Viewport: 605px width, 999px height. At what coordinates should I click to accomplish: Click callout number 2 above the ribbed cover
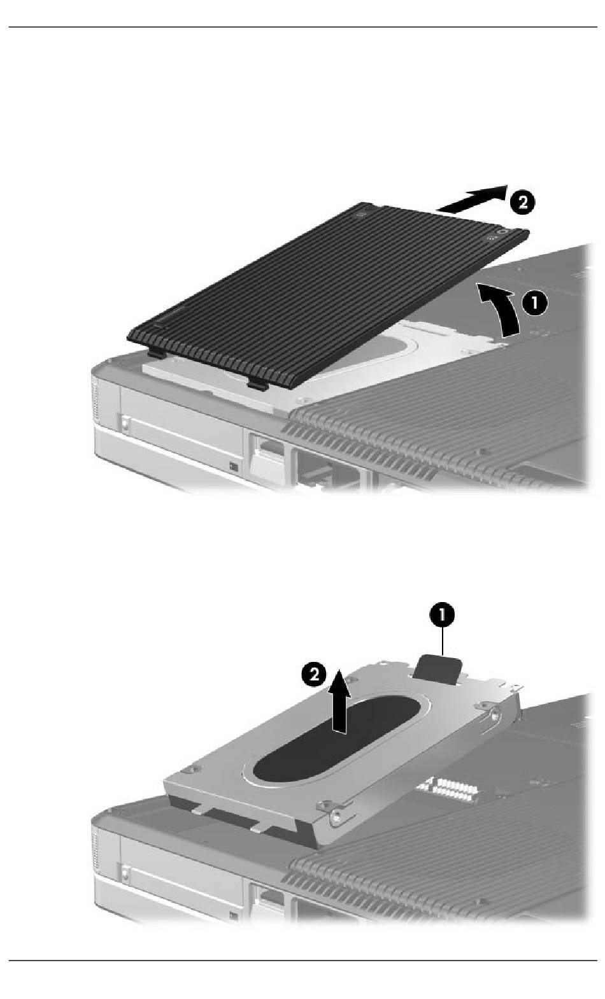click(x=520, y=203)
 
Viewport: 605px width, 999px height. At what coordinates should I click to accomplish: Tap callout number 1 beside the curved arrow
click(x=534, y=304)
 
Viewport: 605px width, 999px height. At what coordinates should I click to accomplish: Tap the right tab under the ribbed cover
click(x=259, y=384)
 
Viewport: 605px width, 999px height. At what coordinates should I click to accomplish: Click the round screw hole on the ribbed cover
click(x=503, y=233)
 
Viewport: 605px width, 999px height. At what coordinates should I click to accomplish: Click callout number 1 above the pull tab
click(x=442, y=615)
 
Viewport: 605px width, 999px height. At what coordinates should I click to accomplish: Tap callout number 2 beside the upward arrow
click(x=315, y=674)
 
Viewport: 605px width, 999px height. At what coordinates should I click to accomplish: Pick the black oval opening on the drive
click(x=337, y=740)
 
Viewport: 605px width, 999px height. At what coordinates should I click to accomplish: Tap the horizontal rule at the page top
click(x=302, y=27)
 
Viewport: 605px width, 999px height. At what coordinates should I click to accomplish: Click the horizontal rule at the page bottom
click(x=302, y=960)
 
